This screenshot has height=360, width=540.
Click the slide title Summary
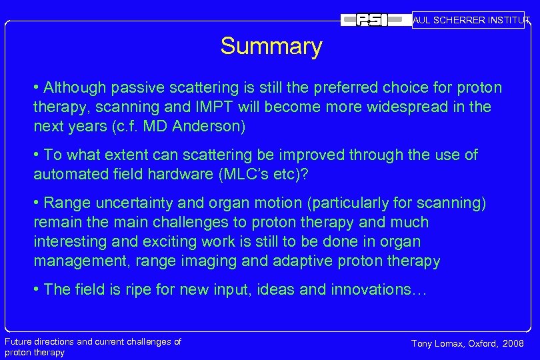[271, 47]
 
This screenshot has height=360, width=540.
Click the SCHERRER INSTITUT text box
[468, 20]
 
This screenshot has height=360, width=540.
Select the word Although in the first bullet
[75, 88]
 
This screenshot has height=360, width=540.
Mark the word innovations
[383, 290]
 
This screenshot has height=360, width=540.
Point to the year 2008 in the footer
[511, 343]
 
